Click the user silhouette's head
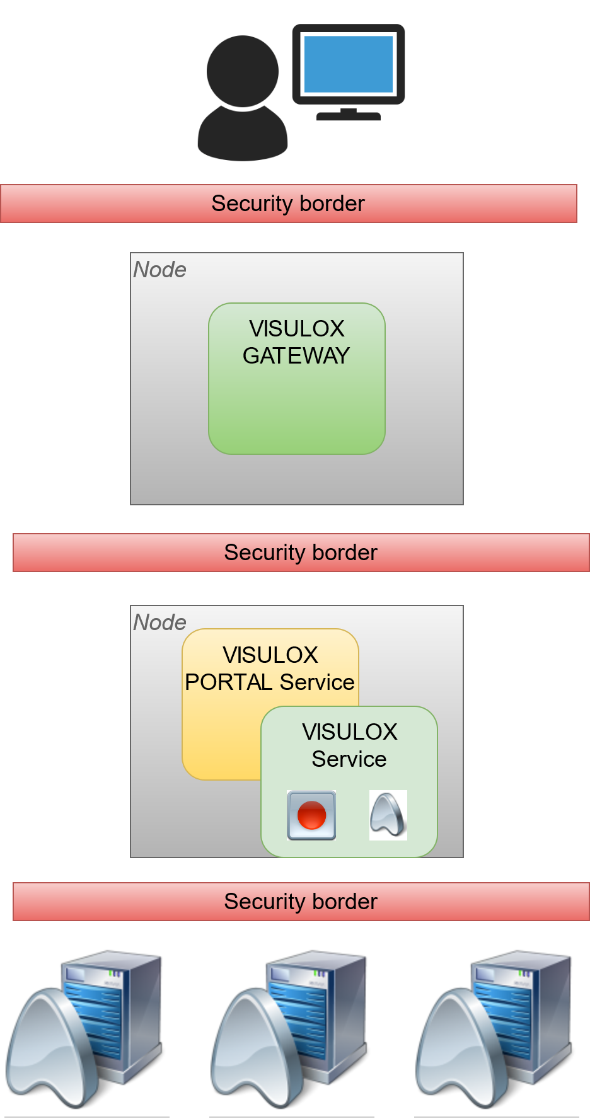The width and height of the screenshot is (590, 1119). pos(243,71)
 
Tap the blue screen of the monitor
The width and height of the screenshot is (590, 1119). pos(349,64)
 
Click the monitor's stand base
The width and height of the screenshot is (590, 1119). pos(349,116)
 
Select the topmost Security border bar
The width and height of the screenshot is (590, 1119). pos(289,204)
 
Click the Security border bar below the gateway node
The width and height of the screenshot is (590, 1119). pos(301,553)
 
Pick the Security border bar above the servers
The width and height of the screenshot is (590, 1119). pos(301,902)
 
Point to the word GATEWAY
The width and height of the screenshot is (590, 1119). pos(296,356)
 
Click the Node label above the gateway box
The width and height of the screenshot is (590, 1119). pos(160,270)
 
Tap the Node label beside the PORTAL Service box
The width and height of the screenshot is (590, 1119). pos(160,623)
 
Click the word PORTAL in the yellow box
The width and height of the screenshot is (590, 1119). pos(228,682)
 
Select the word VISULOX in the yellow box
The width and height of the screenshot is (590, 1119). pos(270,655)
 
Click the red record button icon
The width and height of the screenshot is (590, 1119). pos(311,815)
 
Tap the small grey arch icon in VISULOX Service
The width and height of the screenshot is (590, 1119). pos(388,815)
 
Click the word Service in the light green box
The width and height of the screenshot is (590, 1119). pos(349,759)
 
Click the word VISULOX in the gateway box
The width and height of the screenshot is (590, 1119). pos(297,329)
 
